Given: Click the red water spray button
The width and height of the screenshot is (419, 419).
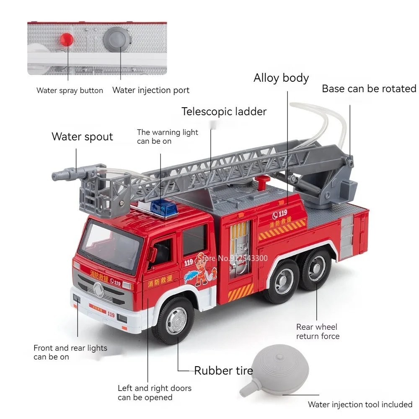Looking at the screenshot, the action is click(66, 40).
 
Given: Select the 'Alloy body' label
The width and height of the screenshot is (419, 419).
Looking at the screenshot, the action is click(281, 78).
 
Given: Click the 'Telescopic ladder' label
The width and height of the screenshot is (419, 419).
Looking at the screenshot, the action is click(224, 111).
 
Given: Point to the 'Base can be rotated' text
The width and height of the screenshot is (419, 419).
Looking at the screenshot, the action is click(369, 89).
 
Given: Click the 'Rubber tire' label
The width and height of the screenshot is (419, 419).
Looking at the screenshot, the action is click(223, 370).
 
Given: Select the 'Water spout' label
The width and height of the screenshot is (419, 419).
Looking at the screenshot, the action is click(82, 137).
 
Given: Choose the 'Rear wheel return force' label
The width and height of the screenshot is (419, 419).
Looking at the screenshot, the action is click(318, 331).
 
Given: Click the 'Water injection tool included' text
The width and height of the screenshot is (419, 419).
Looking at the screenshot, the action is click(360, 404).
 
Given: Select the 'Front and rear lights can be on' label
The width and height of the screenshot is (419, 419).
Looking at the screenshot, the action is click(70, 352).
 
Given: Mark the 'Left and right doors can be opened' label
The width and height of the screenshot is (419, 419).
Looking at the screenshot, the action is click(154, 393).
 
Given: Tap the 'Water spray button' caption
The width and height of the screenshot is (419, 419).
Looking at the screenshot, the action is click(70, 90).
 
